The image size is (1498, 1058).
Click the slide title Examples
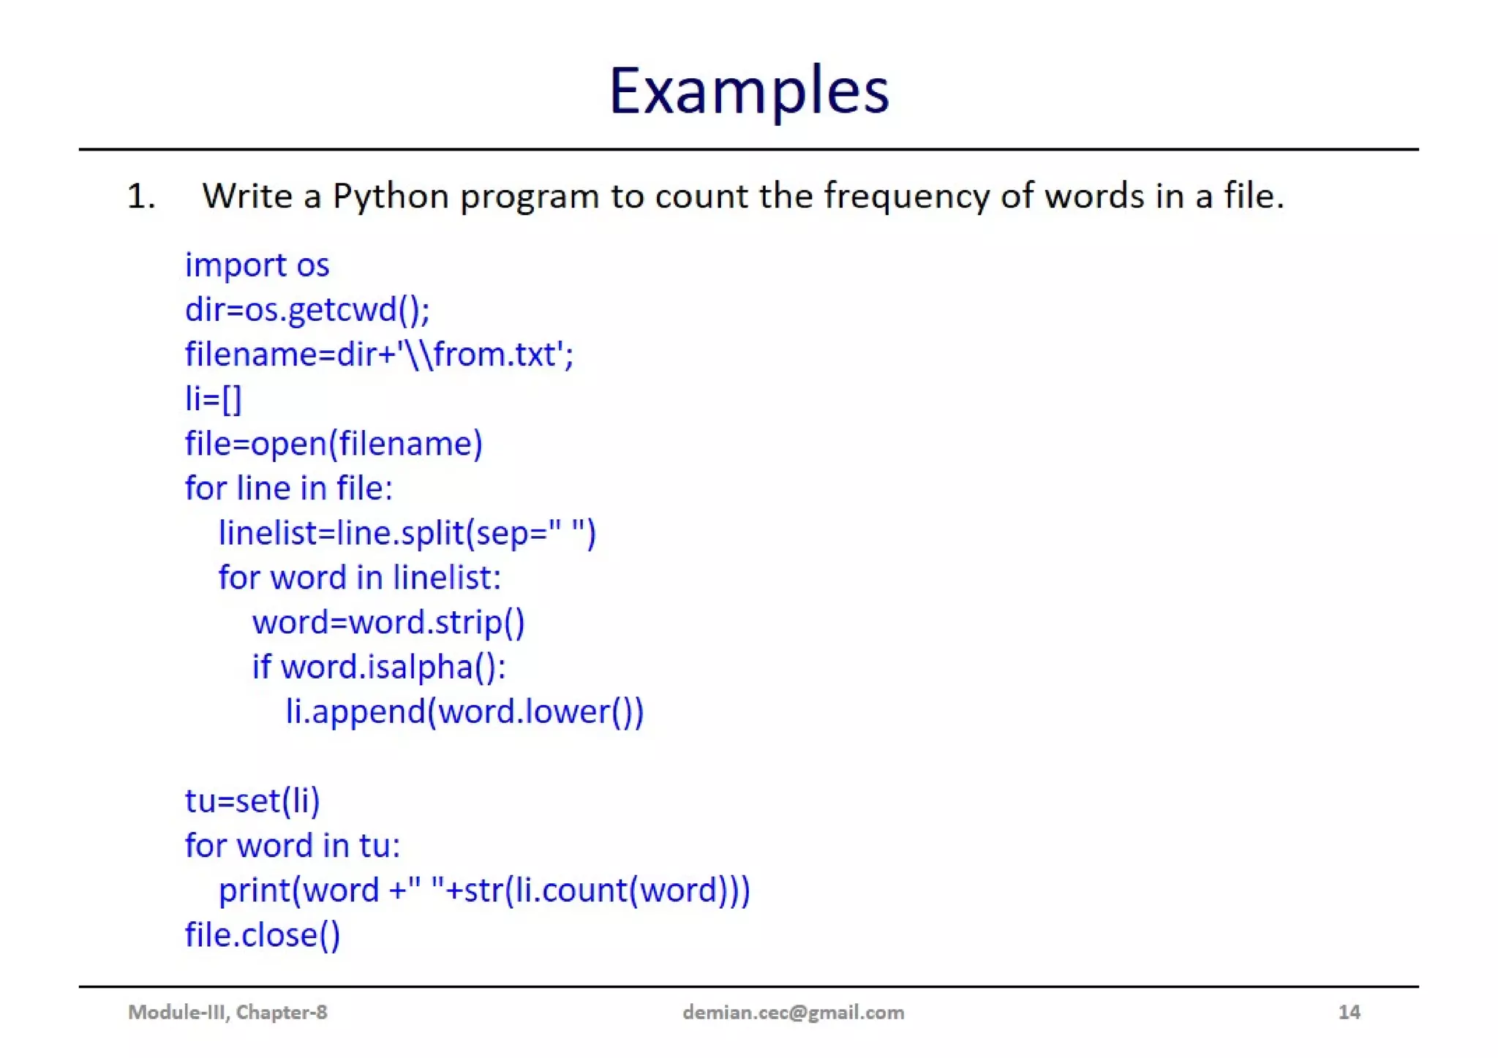pos(748,91)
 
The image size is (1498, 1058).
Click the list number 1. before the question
pos(141,197)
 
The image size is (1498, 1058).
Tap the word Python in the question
pos(391,197)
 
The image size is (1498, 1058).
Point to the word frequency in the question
pos(906,197)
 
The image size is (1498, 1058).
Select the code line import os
pos(257,265)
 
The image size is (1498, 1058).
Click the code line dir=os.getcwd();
pos(307,310)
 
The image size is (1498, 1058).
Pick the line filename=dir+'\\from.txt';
pos(379,355)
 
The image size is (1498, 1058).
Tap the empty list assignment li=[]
pos(213,399)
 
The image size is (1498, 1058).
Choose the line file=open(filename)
pos(334,444)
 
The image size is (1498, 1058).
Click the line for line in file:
pos(289,488)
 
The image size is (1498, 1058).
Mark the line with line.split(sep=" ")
pos(407,533)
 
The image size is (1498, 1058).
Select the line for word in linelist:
pos(360,578)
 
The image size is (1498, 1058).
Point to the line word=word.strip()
pos(388,622)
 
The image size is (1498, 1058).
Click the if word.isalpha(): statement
pos(379,667)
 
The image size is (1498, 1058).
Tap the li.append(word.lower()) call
pos(464,711)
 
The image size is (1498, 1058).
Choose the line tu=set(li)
pos(252,801)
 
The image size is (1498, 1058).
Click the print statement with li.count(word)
pos(484,891)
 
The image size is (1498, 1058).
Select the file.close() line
pos(263,935)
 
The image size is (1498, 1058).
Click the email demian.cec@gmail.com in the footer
pos(793,1012)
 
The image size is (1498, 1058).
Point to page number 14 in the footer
pos(1349,1012)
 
